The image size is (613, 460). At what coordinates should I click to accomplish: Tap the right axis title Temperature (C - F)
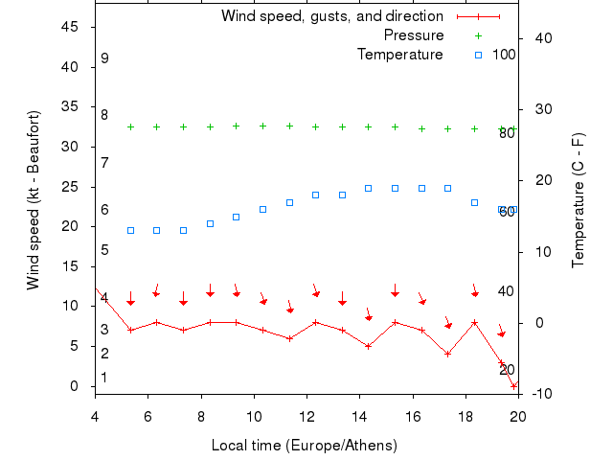click(579, 200)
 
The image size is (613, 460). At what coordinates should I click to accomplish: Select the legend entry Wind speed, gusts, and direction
click(331, 16)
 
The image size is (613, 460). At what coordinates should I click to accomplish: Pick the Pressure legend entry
click(414, 35)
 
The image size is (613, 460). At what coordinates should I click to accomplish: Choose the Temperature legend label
click(400, 55)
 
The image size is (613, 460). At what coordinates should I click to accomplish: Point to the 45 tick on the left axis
click(70, 27)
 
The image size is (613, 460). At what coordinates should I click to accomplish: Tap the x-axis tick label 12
click(306, 416)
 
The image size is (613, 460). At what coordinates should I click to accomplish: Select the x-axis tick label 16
click(413, 416)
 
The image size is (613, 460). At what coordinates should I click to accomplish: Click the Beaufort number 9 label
click(104, 58)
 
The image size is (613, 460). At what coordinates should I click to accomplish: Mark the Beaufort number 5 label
click(104, 250)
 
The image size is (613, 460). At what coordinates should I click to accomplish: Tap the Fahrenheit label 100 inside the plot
click(504, 55)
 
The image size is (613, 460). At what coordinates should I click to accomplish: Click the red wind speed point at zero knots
click(514, 385)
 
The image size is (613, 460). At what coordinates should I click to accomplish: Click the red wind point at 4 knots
click(447, 354)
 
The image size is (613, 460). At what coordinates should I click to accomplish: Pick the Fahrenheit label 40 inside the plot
click(507, 291)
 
